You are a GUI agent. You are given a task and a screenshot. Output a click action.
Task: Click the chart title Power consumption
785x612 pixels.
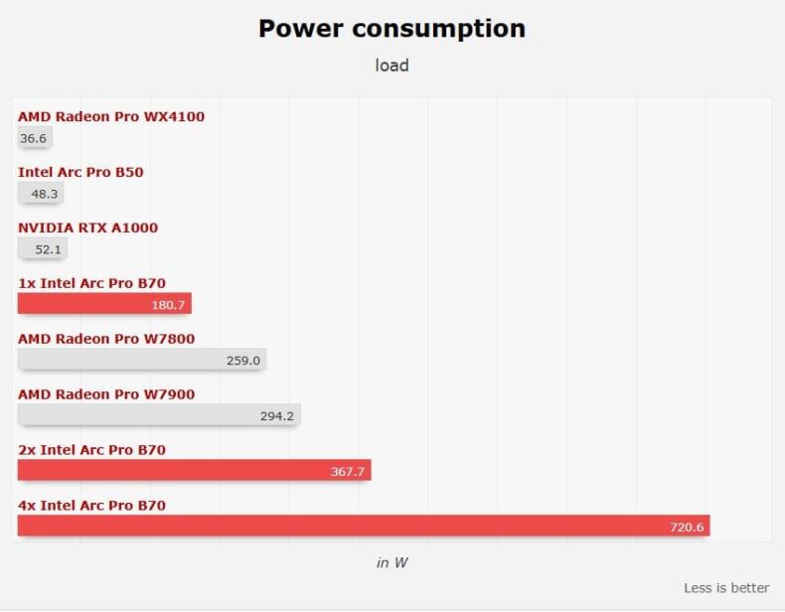(392, 28)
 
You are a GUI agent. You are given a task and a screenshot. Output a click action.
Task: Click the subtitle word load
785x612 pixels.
(392, 66)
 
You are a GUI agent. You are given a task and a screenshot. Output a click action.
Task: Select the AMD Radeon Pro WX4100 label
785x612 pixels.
(111, 116)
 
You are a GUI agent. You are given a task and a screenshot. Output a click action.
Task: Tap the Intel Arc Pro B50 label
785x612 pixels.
(80, 172)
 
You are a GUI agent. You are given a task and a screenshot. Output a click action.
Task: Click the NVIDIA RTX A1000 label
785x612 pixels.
(87, 228)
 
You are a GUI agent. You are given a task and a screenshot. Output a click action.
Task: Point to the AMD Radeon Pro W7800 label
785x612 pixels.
(106, 339)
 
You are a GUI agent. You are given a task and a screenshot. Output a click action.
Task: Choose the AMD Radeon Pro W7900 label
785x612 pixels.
(106, 394)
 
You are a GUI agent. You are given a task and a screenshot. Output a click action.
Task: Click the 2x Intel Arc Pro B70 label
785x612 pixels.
(91, 450)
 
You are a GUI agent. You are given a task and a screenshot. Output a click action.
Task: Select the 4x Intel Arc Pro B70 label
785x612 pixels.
(91, 506)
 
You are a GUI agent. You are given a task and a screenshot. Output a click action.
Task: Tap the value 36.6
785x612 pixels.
(34, 138)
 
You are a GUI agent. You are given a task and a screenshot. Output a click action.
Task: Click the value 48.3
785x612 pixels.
(45, 194)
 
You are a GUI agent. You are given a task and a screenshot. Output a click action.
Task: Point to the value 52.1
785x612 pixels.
(49, 249)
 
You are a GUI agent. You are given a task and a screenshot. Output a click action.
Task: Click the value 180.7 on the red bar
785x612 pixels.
(168, 305)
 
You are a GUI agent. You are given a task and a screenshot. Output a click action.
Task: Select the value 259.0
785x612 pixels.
(242, 361)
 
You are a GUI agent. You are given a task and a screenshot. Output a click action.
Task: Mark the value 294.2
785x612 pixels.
(277, 416)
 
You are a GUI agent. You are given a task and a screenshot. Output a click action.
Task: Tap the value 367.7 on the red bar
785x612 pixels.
(348, 472)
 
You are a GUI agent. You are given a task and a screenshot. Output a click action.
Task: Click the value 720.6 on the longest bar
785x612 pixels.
(687, 528)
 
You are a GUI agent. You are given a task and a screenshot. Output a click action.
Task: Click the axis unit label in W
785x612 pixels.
(392, 562)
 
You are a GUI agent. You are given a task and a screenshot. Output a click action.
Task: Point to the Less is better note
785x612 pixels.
(726, 588)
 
